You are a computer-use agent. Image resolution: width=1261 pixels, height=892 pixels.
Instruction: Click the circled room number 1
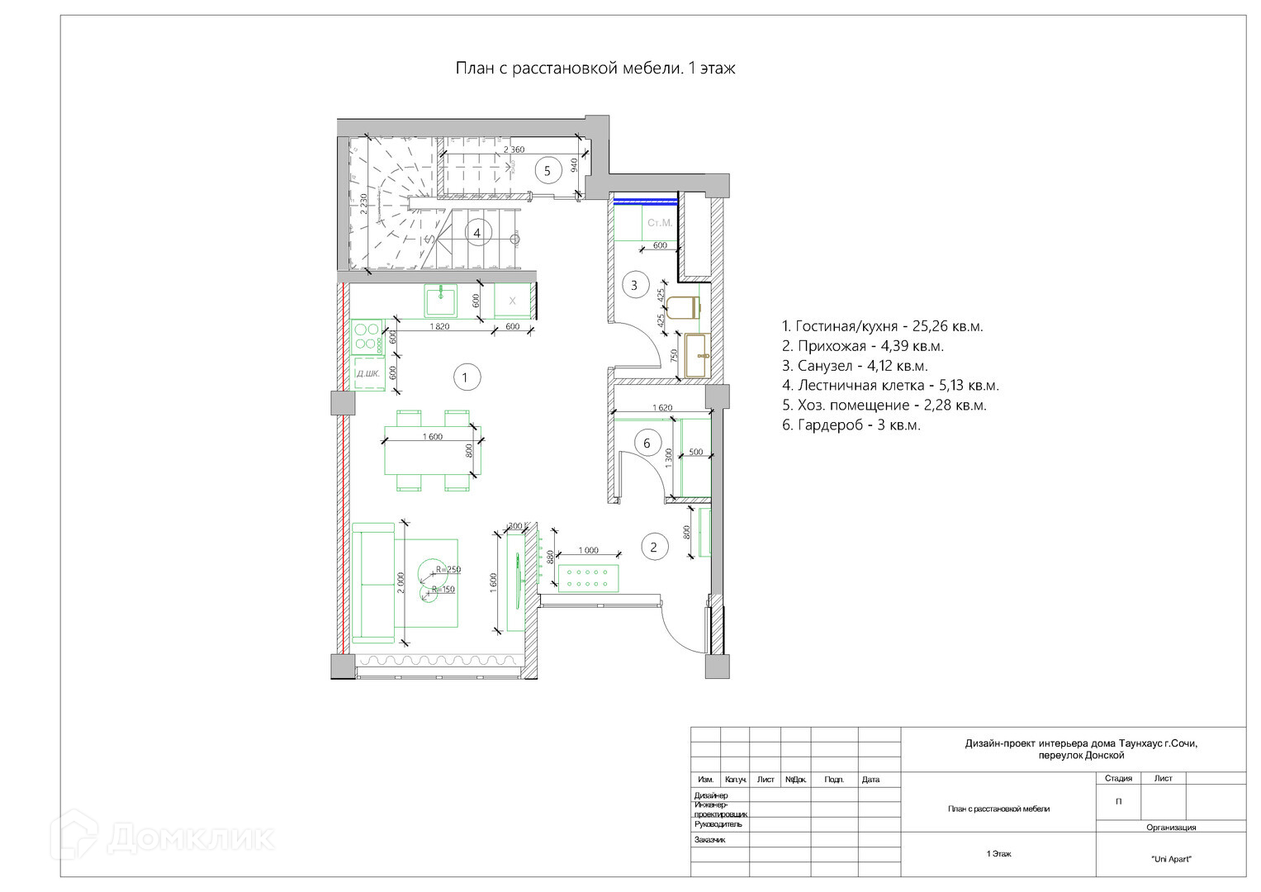pos(466,377)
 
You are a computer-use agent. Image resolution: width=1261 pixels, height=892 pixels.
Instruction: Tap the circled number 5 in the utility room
pos(548,170)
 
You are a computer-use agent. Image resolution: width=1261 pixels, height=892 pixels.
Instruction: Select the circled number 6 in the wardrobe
pos(647,444)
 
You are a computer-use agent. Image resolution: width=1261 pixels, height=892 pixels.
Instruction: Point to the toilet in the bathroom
pos(683,307)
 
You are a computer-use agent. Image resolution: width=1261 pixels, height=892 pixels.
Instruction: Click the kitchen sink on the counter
pos(441,301)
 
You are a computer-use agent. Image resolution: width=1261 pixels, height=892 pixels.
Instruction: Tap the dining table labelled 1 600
pos(433,450)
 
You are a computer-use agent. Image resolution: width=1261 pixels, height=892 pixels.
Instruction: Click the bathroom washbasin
pos(698,355)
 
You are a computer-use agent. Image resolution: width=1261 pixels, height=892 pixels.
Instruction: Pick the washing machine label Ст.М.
pos(660,223)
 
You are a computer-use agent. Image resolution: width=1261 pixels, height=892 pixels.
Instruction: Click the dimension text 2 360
pos(514,149)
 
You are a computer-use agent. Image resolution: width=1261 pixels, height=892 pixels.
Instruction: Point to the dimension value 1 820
pos(439,326)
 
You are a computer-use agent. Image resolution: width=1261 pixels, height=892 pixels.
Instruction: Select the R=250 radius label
pos(448,569)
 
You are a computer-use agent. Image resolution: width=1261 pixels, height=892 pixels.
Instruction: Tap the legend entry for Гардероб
pos(851,425)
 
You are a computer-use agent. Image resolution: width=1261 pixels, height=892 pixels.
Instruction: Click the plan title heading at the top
pos(595,69)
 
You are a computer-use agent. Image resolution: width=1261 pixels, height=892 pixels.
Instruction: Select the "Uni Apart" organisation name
pos(1171,859)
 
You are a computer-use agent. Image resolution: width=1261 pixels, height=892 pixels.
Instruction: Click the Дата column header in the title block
pos(870,780)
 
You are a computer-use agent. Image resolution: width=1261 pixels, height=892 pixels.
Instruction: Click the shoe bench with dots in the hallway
pos(588,578)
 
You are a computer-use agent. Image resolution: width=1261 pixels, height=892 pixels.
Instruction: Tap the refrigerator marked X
pos(512,301)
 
